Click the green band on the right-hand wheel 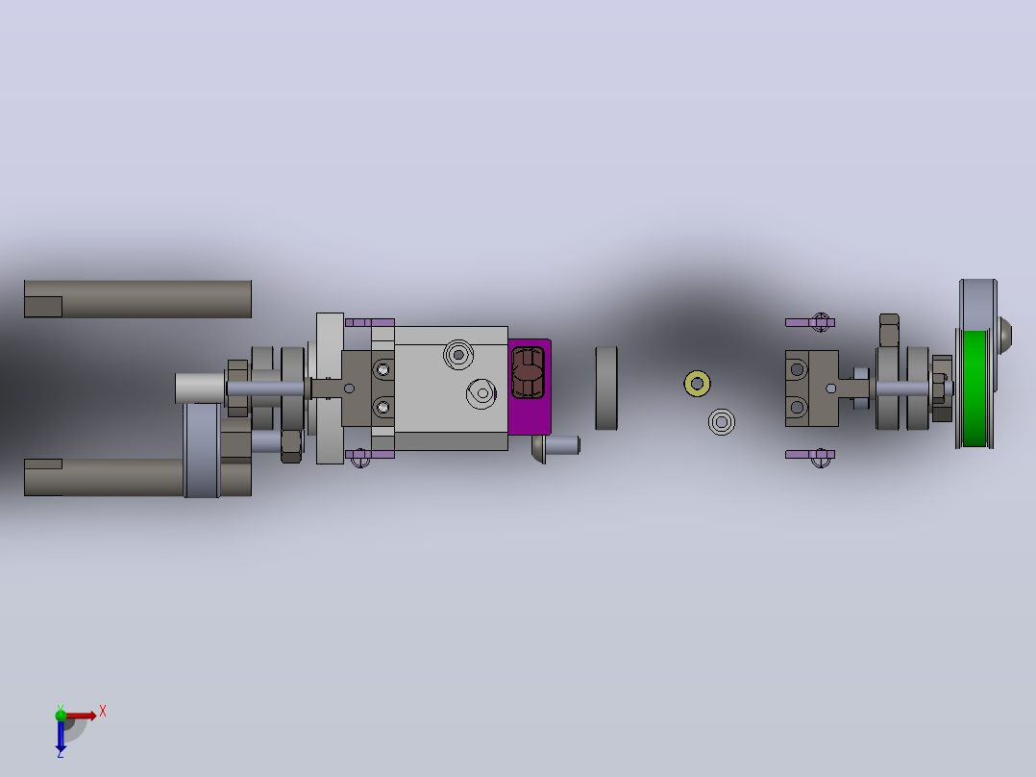(974, 388)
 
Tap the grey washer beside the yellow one (722, 422)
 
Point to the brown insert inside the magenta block (528, 373)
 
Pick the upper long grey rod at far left (137, 299)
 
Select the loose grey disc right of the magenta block (606, 388)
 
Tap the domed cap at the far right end (1003, 335)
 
